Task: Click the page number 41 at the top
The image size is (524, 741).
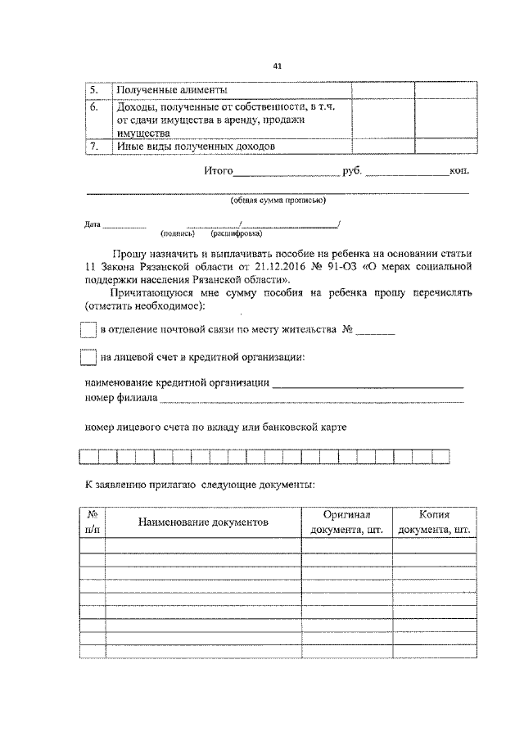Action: (278, 67)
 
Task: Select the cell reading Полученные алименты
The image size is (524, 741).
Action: (172, 90)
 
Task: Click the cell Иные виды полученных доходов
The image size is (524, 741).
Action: (195, 146)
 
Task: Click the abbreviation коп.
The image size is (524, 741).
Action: (459, 172)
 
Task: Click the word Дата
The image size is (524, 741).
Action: (93, 224)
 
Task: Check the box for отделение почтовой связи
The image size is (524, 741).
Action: (88, 330)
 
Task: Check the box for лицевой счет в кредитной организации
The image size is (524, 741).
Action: (88, 358)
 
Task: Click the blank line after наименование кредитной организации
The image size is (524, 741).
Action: (368, 385)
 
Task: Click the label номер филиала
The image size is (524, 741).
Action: (121, 399)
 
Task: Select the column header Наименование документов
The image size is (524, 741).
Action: (203, 522)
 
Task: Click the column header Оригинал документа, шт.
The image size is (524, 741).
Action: (347, 522)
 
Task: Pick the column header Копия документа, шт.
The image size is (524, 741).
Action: (435, 522)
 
